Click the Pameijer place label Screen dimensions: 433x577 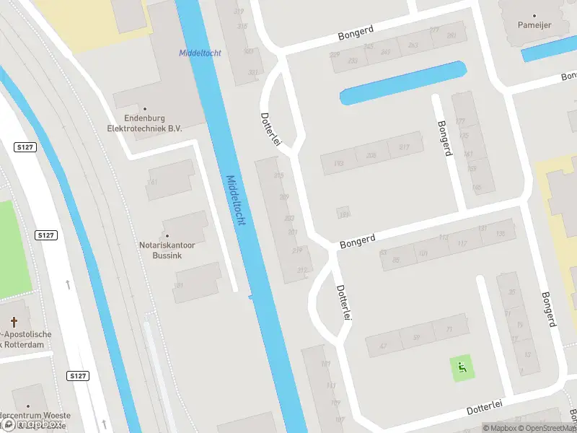[x=535, y=25]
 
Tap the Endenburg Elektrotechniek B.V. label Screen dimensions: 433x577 [x=144, y=123]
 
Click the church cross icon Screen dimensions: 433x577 [x=14, y=320]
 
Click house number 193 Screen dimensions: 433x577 [x=338, y=164]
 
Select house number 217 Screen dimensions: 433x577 [x=404, y=147]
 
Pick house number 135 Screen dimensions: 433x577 [x=501, y=232]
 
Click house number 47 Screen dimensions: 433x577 [x=383, y=346]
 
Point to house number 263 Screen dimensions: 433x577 [x=413, y=45]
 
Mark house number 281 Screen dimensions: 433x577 [x=452, y=35]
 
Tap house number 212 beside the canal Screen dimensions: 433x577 [x=301, y=271]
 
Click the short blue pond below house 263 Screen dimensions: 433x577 [x=404, y=82]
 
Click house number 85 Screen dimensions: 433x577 [x=395, y=259]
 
